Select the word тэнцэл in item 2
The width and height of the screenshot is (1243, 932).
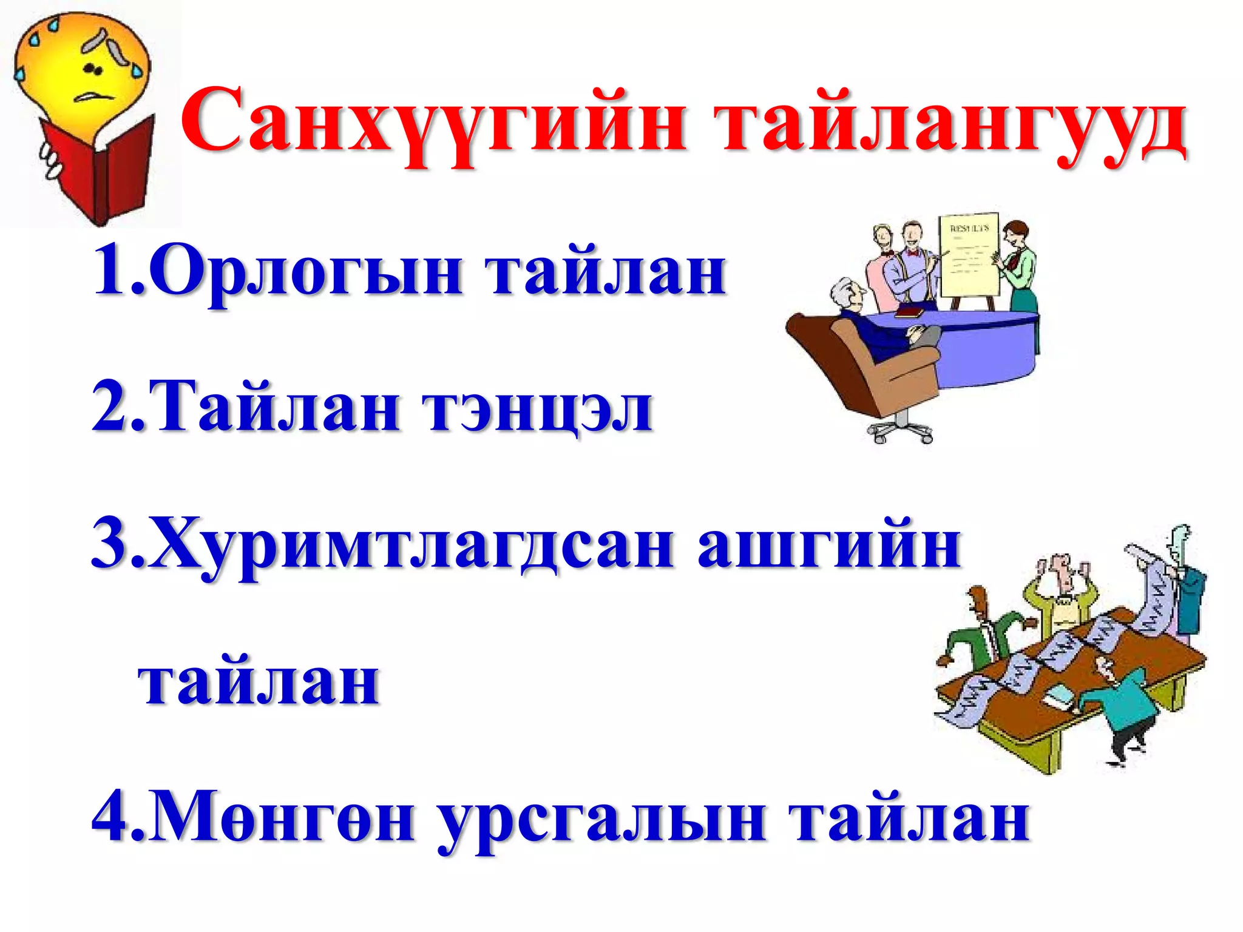(537, 407)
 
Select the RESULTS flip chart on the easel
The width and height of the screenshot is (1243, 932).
(968, 255)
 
